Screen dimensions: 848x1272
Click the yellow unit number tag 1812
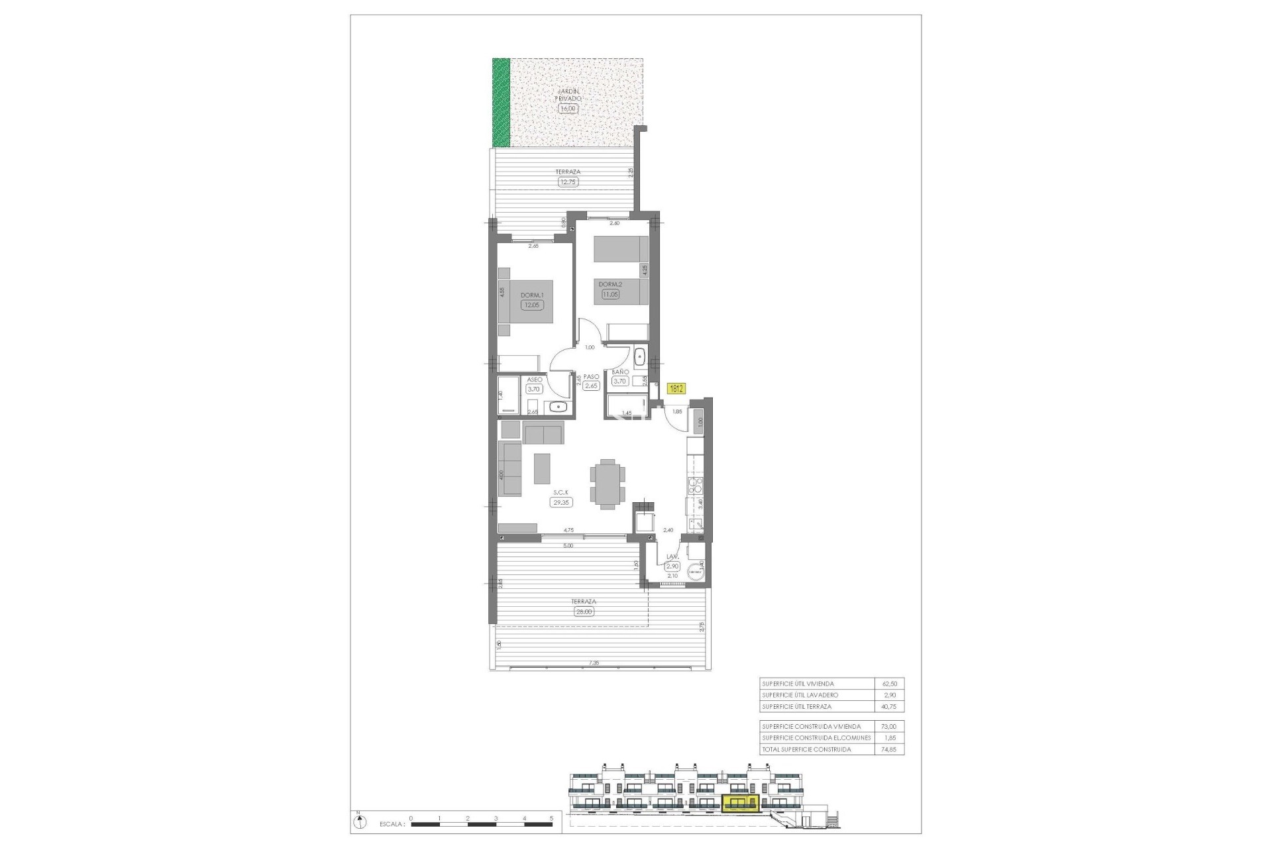(676, 389)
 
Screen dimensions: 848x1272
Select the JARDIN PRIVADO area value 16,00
(568, 109)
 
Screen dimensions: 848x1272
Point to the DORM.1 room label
(532, 295)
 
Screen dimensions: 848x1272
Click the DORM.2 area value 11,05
(609, 294)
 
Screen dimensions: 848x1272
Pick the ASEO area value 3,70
(533, 390)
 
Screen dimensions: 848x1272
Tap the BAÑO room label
(619, 372)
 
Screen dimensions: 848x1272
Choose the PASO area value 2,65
(591, 386)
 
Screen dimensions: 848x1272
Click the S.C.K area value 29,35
(561, 502)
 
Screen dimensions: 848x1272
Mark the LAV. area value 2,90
(672, 566)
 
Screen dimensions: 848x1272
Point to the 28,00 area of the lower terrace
(584, 611)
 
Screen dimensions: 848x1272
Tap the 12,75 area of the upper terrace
(568, 182)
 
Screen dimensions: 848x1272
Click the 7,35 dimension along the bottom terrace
(594, 662)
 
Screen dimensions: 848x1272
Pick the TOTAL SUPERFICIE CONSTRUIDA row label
(806, 749)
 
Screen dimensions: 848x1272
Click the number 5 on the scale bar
(552, 818)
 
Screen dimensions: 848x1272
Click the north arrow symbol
(359, 822)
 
